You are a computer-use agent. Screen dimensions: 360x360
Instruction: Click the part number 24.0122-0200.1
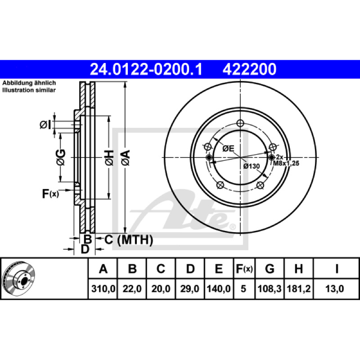click(x=146, y=69)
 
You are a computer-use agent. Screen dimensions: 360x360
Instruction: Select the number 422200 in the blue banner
click(x=249, y=69)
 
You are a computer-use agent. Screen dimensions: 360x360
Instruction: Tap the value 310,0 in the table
click(x=103, y=288)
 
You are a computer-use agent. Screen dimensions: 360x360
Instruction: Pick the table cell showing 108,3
click(x=270, y=288)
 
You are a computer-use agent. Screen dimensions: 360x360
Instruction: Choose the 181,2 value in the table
click(x=298, y=288)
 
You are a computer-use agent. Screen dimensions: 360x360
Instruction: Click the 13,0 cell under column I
click(x=334, y=288)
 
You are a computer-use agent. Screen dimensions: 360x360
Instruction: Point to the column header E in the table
click(x=219, y=269)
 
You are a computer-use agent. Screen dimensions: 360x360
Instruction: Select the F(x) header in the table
click(x=244, y=269)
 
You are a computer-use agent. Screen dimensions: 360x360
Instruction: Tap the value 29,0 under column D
click(x=189, y=288)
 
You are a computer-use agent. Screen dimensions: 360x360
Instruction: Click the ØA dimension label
click(x=126, y=157)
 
